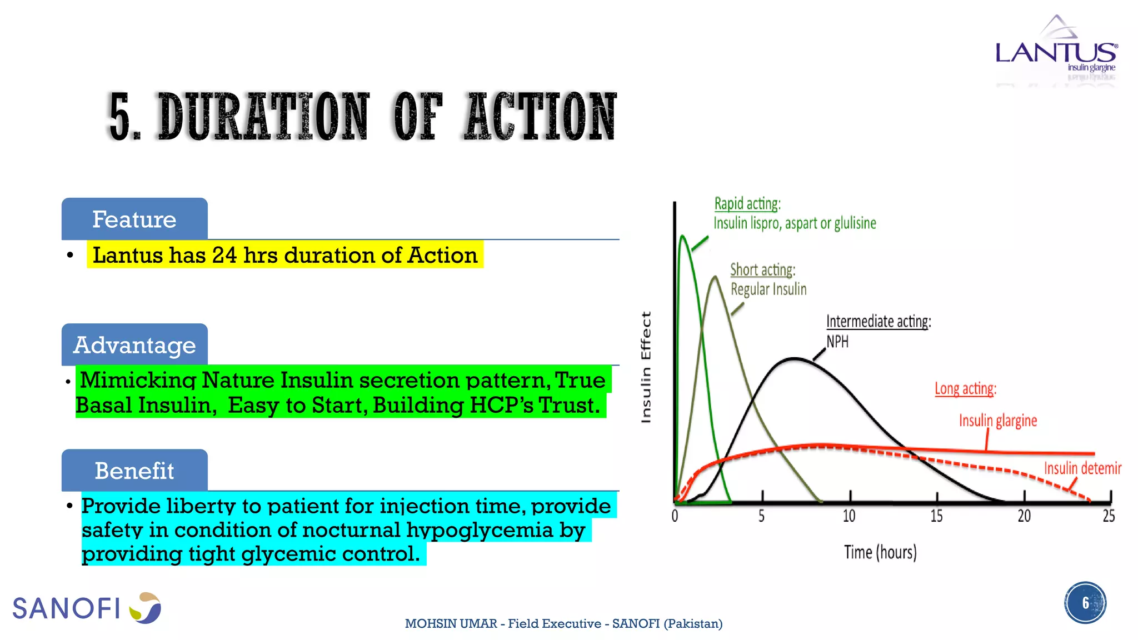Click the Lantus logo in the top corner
[x=1056, y=50]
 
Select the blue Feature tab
[x=134, y=219]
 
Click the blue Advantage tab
[x=134, y=345]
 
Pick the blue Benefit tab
[x=134, y=471]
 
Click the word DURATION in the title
[x=264, y=117]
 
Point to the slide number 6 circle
[x=1085, y=603]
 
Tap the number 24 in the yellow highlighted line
[x=224, y=255]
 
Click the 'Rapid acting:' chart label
[x=747, y=204]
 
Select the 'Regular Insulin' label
[x=768, y=289]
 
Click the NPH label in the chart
[x=837, y=342]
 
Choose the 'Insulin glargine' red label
[x=998, y=421]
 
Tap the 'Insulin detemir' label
[x=1082, y=468]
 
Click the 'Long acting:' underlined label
[x=965, y=388]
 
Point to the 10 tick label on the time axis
[x=849, y=516]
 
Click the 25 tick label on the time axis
[x=1109, y=516]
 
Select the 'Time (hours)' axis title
[x=880, y=552]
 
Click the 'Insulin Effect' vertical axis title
[x=646, y=367]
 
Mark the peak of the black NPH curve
[x=795, y=359]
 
